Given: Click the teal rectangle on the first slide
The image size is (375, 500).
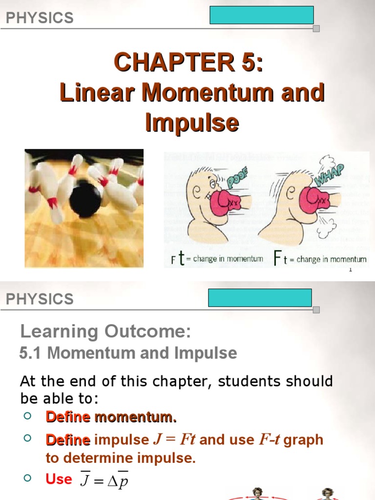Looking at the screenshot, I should pyautogui.click(x=261, y=15).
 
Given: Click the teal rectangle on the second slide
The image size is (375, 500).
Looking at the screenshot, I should pyautogui.click(x=260, y=297).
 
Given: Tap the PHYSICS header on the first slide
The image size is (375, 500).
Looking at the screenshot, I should pyautogui.click(x=40, y=18).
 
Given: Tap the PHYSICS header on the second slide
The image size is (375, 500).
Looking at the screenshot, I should pyautogui.click(x=40, y=299).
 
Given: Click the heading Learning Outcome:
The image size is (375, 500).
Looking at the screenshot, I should pyautogui.click(x=105, y=332).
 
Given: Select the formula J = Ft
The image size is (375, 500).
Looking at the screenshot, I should pyautogui.click(x=174, y=439).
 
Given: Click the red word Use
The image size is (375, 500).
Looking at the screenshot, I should pyautogui.click(x=59, y=479).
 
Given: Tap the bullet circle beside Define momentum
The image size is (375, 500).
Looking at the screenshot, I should pyautogui.click(x=27, y=416).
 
